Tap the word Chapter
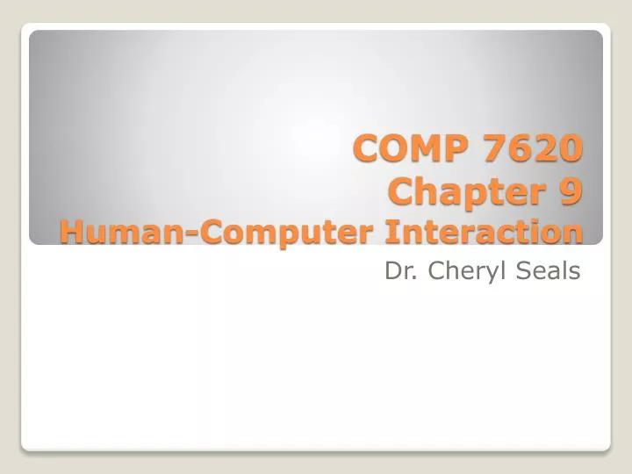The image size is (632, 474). pos(457,190)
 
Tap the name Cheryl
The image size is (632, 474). pos(463,272)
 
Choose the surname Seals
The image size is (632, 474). pos(549,271)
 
